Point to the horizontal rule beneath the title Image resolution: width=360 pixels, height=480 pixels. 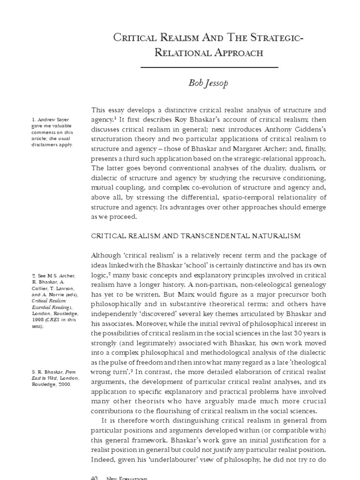point(209,67)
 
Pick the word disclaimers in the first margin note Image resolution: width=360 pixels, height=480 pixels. point(45,145)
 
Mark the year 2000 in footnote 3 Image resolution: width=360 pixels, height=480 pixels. point(64,383)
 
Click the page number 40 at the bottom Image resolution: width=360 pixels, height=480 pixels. point(93,478)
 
